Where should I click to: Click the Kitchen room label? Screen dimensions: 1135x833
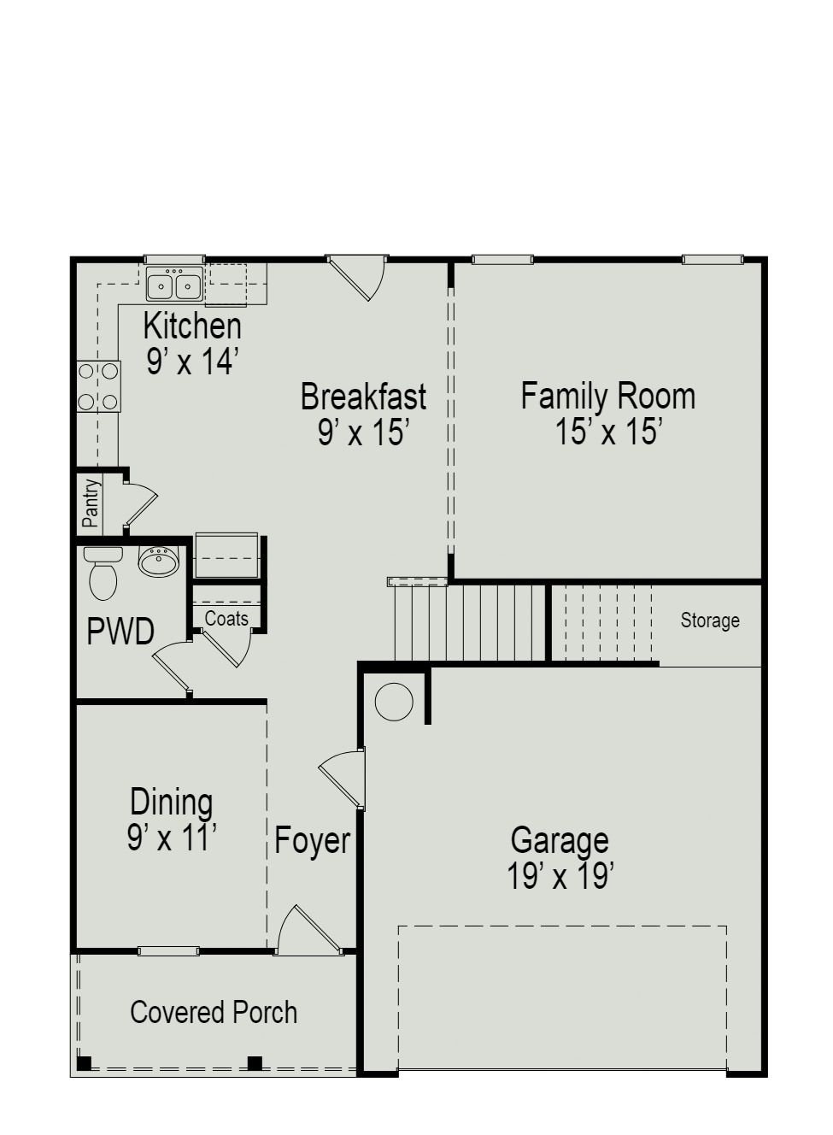click(x=192, y=326)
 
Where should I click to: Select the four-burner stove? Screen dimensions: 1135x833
click(x=99, y=386)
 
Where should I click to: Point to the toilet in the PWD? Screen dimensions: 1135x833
click(x=103, y=574)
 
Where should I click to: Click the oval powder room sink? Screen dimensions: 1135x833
click(x=158, y=562)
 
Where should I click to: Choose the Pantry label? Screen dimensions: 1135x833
click(x=91, y=503)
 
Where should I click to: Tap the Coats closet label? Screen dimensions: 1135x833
click(x=226, y=619)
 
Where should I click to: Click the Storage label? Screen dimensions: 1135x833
click(x=710, y=620)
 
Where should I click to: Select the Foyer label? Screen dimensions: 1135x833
click(x=312, y=841)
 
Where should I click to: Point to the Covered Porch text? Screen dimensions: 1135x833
click(x=214, y=1013)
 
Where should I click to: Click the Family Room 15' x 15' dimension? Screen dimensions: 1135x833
click(x=608, y=432)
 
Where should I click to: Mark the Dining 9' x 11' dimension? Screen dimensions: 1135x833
click(x=172, y=838)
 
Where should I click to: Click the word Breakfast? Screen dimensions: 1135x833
click(x=363, y=397)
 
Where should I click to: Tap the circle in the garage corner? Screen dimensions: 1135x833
click(x=394, y=703)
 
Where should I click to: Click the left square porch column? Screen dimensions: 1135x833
click(x=84, y=1063)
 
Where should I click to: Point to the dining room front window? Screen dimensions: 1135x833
click(x=168, y=950)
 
